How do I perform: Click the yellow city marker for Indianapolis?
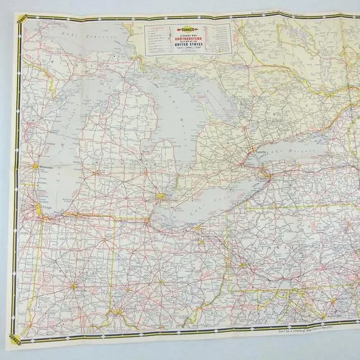74,286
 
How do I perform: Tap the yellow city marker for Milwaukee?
34,166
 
